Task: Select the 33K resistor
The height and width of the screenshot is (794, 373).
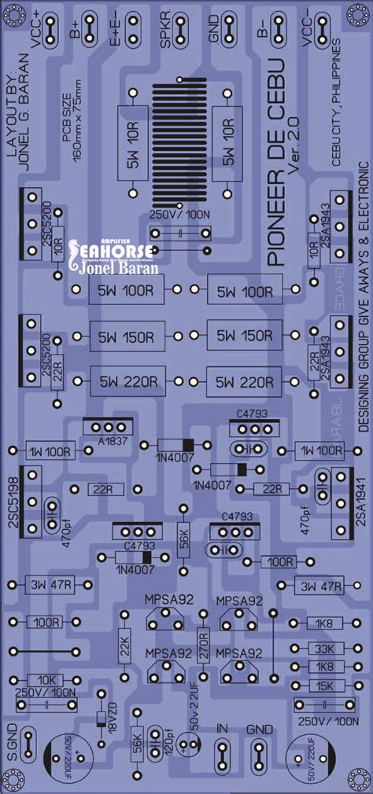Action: coord(323,649)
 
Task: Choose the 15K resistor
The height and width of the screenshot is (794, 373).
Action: coord(323,686)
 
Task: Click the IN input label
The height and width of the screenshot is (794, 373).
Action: coord(223,729)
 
